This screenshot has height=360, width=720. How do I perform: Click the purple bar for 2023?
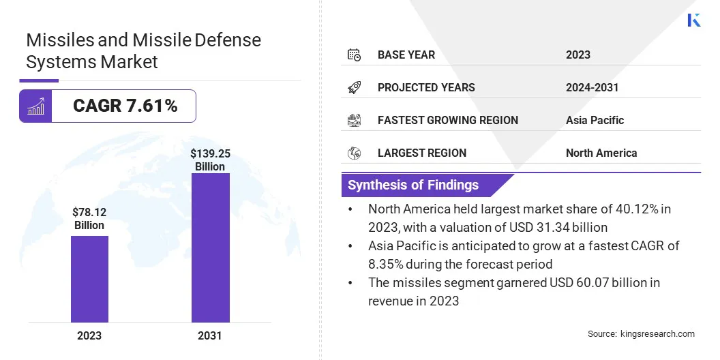pos(89,279)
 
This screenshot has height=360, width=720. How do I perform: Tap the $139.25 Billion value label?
pos(210,160)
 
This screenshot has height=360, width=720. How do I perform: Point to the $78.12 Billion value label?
pos(89,219)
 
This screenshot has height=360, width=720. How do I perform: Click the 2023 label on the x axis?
pos(89,335)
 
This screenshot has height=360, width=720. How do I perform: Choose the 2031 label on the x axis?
pos(210,335)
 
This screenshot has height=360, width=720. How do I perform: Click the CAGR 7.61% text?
pos(125,106)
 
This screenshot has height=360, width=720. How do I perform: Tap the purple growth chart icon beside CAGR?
pos(35,106)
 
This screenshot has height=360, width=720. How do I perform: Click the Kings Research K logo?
pos(694,20)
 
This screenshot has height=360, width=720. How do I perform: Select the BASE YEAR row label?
pos(406,55)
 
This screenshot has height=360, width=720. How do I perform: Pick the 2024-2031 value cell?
pos(592,87)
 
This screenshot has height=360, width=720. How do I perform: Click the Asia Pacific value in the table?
pos(595,120)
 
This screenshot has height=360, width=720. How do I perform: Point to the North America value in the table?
pos(601,153)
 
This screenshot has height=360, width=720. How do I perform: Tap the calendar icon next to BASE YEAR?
pos(354,55)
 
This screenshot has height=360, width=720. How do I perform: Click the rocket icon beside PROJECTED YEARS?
pos(354,87)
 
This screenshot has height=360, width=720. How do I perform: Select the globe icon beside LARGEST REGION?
pos(354,153)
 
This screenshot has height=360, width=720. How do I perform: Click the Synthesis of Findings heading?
pos(413,185)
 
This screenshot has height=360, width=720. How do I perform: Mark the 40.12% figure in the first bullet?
pos(617,209)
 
